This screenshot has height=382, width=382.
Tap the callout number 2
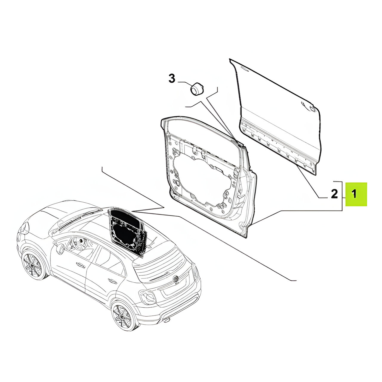334,194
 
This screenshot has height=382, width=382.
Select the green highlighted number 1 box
356,194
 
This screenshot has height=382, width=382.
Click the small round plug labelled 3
197,89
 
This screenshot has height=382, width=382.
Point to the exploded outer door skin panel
275,117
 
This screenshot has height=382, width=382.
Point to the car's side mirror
60,249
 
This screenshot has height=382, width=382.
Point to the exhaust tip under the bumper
167,325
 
